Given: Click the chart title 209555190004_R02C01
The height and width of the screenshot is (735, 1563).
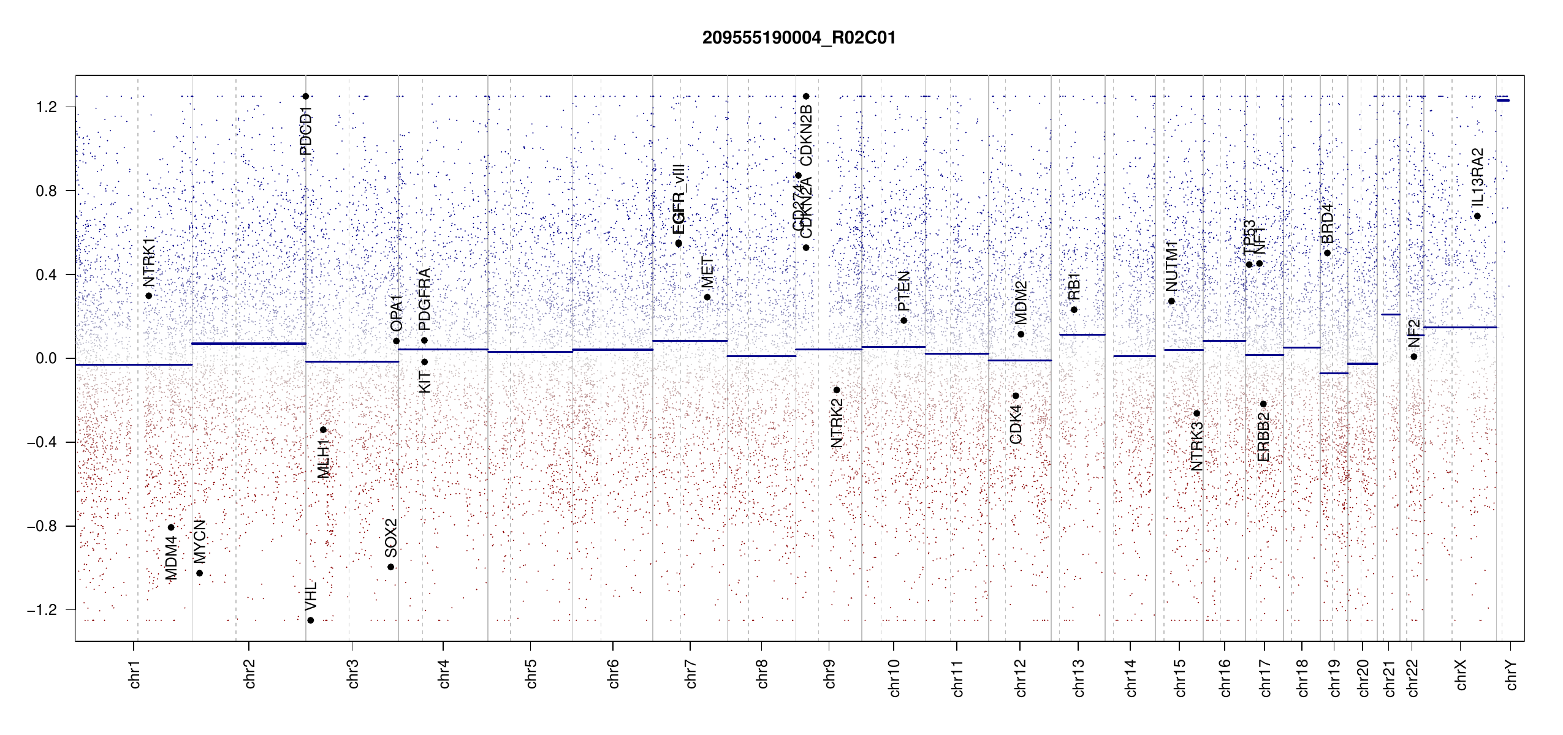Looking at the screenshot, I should [x=799, y=38].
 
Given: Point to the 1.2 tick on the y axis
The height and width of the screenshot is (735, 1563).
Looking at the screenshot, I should [x=46, y=107].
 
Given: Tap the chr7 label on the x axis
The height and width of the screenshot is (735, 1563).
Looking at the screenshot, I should [x=691, y=674].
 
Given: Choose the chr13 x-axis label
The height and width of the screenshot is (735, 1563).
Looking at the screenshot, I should [x=1078, y=677].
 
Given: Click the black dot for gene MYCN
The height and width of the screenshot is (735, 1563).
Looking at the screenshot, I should [x=199, y=573].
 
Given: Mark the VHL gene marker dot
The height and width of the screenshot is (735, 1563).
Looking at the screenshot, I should [x=311, y=620].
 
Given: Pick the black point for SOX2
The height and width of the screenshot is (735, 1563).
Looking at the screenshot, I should [x=391, y=567].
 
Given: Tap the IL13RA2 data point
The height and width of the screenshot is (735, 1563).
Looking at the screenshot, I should [x=1477, y=216].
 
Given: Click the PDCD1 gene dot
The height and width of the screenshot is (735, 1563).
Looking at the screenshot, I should [x=306, y=96].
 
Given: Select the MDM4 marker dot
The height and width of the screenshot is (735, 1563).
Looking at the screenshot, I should [x=172, y=527].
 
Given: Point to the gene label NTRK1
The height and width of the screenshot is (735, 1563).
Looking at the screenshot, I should [x=149, y=263].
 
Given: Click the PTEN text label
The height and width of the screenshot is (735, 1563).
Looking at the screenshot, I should [x=903, y=291].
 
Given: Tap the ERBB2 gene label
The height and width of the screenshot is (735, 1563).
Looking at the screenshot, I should [x=1263, y=437].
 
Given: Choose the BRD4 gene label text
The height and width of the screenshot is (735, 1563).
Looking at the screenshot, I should [x=1327, y=224].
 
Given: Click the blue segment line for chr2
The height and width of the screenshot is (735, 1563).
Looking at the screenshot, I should [x=249, y=344].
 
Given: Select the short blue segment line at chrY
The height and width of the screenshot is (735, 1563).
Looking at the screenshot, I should [x=1503, y=100].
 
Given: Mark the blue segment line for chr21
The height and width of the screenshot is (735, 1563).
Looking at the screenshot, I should [x=1390, y=315].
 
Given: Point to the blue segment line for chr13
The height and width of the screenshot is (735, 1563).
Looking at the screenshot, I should [x=1082, y=334].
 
